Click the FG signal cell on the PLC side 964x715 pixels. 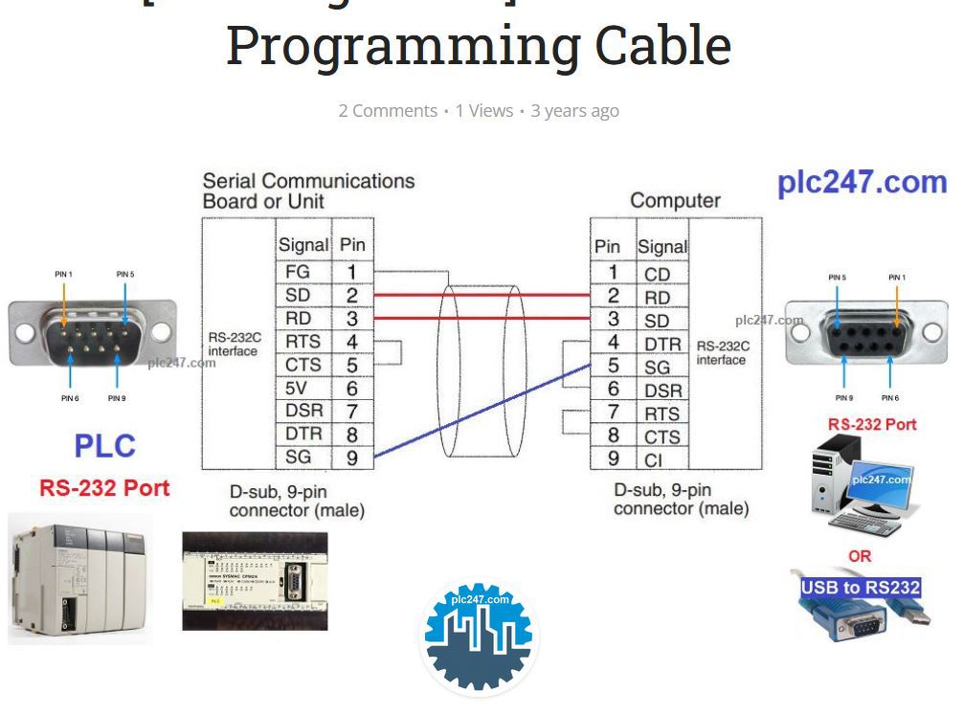tap(298, 272)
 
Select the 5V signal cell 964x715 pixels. tap(298, 389)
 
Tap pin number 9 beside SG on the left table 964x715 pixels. tap(352, 458)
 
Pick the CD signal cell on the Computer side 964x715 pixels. tap(658, 275)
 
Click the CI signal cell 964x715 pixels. tap(654, 460)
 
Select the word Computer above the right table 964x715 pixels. tap(675, 201)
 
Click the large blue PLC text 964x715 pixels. tap(105, 446)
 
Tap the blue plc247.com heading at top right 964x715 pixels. tap(862, 182)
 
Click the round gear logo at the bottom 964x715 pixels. tap(480, 637)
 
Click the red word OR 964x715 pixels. tap(860, 556)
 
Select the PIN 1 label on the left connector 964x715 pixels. tap(63, 275)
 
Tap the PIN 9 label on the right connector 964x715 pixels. tap(843, 397)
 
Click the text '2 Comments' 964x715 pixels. tap(388, 111)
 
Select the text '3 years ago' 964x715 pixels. tap(574, 111)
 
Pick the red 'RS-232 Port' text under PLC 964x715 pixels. tap(104, 488)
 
